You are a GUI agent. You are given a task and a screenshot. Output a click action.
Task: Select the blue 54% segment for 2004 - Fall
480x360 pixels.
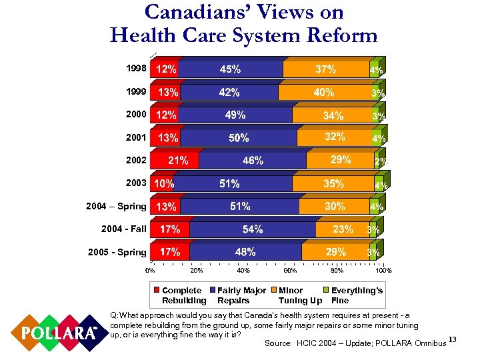coord(252,229)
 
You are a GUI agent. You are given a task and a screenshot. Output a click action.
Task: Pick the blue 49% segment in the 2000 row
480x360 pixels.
coord(235,115)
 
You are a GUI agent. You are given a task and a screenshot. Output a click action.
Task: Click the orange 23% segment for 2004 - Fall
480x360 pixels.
coord(343,229)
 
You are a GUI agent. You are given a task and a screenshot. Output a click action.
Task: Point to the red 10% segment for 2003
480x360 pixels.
coord(163,183)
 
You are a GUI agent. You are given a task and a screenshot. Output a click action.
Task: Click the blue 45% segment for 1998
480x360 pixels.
coord(230,69)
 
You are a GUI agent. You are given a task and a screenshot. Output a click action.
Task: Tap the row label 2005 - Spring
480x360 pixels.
coord(117,252)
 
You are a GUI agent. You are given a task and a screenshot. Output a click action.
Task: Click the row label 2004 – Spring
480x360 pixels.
coord(116,206)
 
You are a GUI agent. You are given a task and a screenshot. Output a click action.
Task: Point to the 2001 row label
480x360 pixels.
coord(136,137)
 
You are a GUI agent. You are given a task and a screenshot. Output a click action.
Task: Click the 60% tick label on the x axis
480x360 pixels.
coord(290,270)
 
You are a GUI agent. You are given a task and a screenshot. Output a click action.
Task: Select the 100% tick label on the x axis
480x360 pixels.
coord(383,270)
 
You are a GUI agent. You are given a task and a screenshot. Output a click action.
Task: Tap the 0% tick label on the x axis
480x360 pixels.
coord(151,270)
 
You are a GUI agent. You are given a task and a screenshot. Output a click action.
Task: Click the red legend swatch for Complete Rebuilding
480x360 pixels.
coord(157,291)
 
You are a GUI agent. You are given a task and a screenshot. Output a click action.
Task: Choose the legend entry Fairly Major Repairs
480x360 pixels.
coord(237,295)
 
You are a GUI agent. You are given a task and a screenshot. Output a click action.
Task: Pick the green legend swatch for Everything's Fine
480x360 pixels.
coord(326,291)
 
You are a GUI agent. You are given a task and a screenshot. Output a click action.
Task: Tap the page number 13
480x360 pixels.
coord(453,341)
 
